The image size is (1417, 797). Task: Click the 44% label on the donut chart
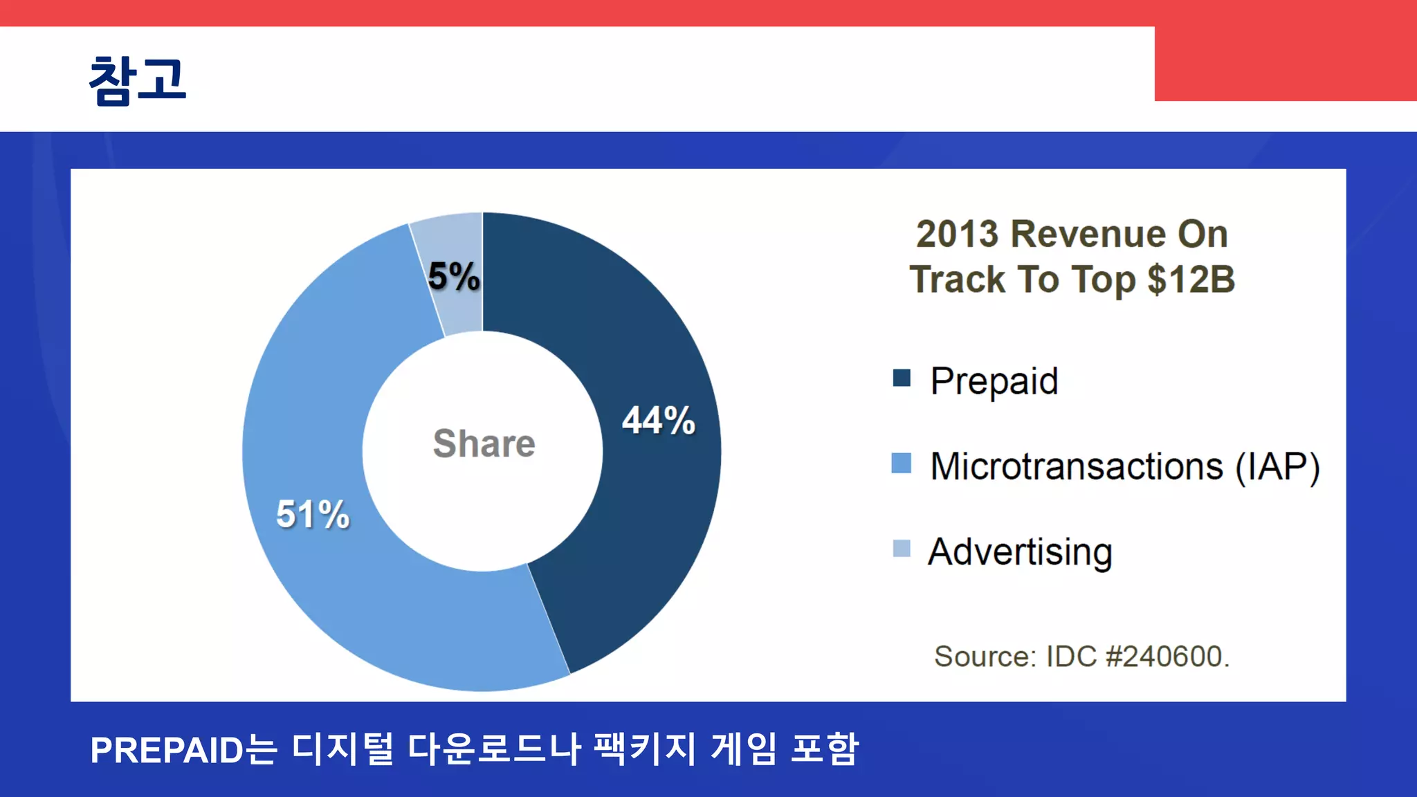(658, 420)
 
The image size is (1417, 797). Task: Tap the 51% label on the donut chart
(313, 514)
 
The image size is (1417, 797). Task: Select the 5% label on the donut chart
(454, 276)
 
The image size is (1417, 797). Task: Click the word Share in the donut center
(484, 443)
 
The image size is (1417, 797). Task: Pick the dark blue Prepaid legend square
(902, 378)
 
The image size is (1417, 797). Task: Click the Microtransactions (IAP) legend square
(902, 463)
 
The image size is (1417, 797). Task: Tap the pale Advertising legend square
(902, 549)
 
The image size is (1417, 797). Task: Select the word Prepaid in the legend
(994, 381)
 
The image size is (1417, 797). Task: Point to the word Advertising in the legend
(1020, 552)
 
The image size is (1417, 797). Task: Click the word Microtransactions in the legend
(1077, 466)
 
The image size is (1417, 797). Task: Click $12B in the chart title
(1191, 280)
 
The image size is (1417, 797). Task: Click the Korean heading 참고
(138, 80)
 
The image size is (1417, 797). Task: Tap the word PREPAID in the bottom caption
(167, 751)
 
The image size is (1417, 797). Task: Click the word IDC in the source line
(1071, 657)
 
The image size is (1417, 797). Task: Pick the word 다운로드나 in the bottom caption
(494, 749)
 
